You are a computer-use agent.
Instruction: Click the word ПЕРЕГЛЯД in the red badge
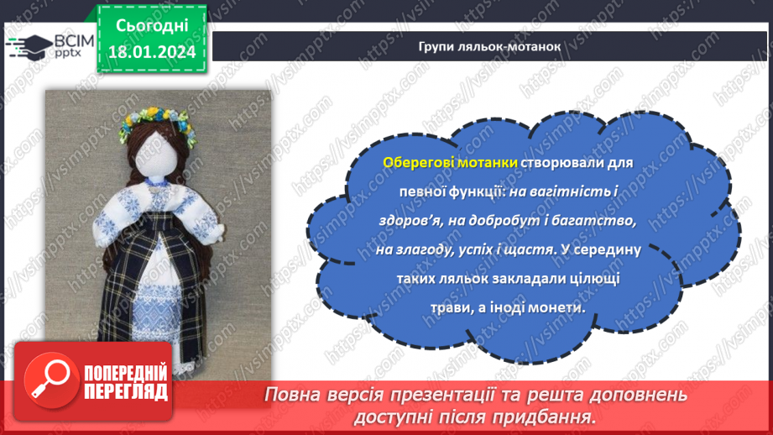[x=125, y=391]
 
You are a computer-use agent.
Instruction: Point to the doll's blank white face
[x=157, y=155]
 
